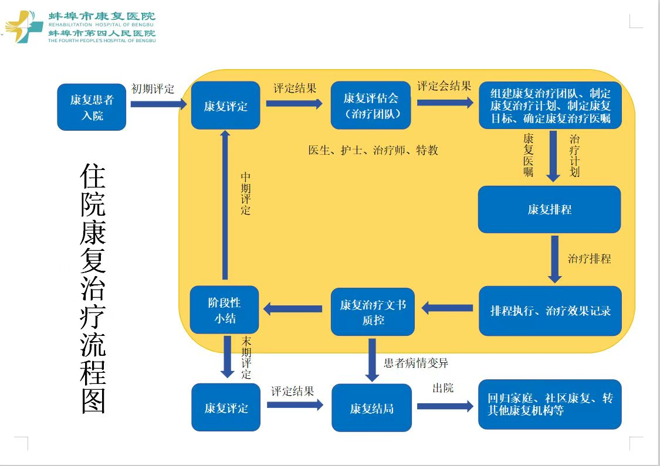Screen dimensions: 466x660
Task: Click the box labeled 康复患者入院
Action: pos(92,107)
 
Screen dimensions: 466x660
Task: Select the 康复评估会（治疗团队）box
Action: pos(371,106)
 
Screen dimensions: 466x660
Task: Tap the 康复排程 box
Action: pos(549,209)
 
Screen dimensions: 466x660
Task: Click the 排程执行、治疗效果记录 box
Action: pos(550,311)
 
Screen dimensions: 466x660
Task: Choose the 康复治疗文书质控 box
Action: pos(373,312)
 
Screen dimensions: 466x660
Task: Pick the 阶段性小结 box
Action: pos(225,311)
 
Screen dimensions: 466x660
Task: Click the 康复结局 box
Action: pos(371,408)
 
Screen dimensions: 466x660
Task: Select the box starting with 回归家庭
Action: pos(550,404)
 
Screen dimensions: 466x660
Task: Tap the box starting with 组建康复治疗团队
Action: pos(550,106)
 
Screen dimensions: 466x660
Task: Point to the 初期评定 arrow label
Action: pos(153,89)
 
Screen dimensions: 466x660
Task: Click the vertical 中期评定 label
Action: pos(246,193)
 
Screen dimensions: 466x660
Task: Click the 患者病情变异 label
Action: pos(416,363)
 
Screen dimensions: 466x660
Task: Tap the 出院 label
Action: pos(443,388)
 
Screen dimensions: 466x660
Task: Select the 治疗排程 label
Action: pos(589,258)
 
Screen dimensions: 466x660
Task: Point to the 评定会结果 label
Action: pos(444,86)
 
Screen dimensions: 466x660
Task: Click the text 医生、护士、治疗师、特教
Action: pos(373,150)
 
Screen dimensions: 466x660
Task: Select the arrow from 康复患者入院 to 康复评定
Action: pos(157,104)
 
